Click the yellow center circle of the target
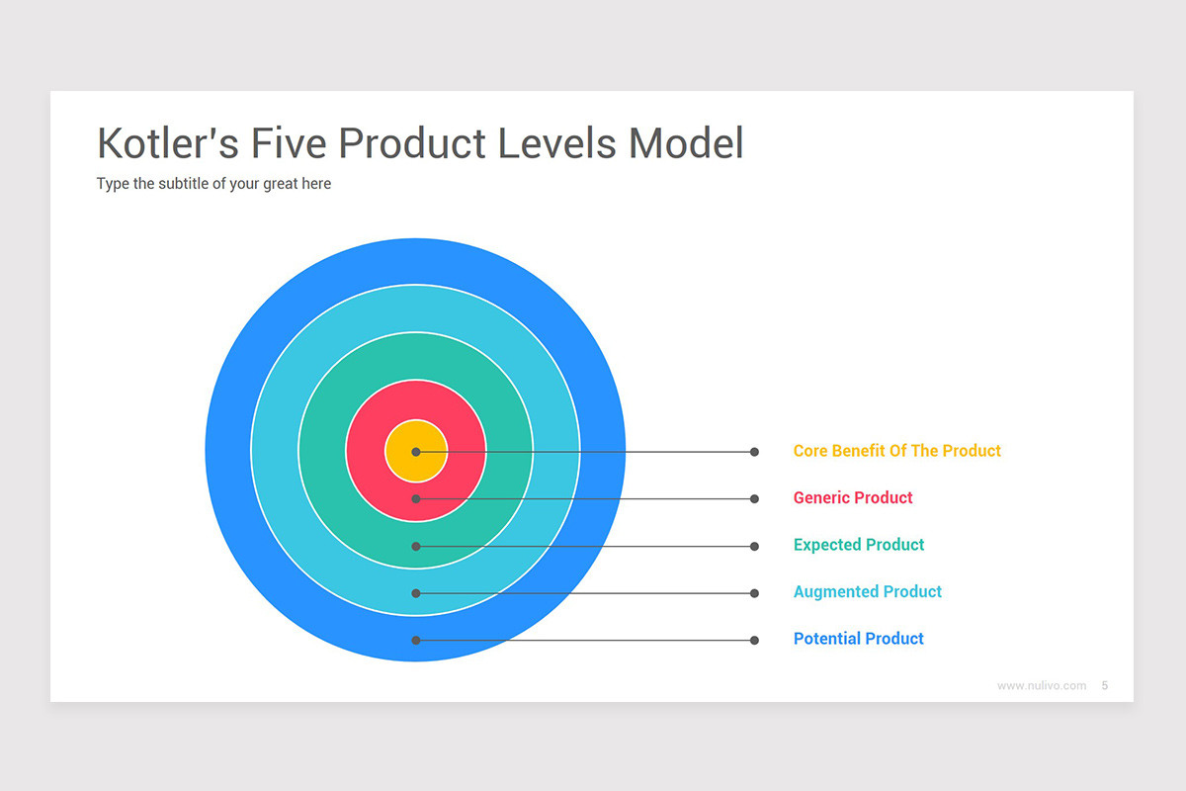click(x=416, y=451)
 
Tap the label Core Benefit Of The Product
click(x=897, y=451)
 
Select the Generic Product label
click(x=853, y=498)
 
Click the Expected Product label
click(x=859, y=545)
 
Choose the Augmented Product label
click(x=868, y=592)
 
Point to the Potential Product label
click(x=858, y=639)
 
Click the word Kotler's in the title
click(x=168, y=143)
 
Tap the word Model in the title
click(x=686, y=143)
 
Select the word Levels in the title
click(x=557, y=143)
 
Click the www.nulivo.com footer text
click(x=1042, y=685)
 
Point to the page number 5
click(x=1105, y=685)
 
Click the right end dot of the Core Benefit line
click(x=754, y=452)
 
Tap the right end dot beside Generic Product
click(x=754, y=499)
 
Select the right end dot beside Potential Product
click(x=754, y=641)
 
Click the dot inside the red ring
click(x=416, y=499)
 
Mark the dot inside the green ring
click(x=416, y=546)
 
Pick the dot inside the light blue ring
click(x=416, y=593)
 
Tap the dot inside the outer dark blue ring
click(x=416, y=641)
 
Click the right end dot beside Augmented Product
click(x=754, y=593)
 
